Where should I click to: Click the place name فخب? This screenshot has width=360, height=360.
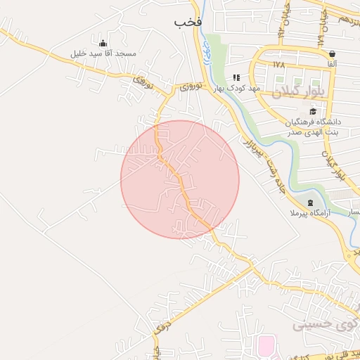tap(188, 22)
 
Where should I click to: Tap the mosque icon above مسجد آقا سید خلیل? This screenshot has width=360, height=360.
tap(103, 44)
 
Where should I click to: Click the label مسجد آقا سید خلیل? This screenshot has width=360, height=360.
tap(103, 54)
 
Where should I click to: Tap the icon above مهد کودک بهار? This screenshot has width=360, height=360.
tap(236, 77)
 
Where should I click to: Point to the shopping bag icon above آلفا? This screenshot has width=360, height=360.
tap(331, 53)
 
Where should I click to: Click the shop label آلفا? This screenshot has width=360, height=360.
tap(331, 64)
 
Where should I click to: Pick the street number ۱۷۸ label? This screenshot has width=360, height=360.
tap(278, 64)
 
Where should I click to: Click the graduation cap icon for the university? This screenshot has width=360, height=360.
tap(312, 110)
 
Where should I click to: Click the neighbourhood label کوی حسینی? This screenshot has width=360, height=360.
tap(321, 326)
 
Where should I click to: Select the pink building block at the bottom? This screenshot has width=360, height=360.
tap(266, 346)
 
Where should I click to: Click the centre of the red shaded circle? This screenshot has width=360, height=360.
tap(180, 179)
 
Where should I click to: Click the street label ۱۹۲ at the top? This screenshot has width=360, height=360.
tap(281, 31)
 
